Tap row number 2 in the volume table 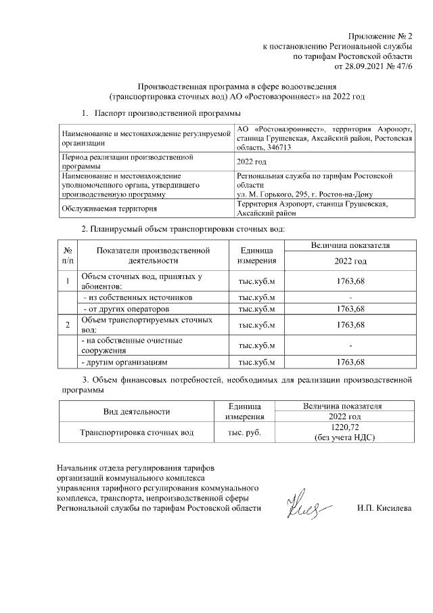click(68, 325)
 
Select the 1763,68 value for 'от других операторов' click(350, 308)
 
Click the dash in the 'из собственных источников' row click(350, 297)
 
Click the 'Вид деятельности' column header click(136, 411)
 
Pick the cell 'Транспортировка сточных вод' click(137, 431)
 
